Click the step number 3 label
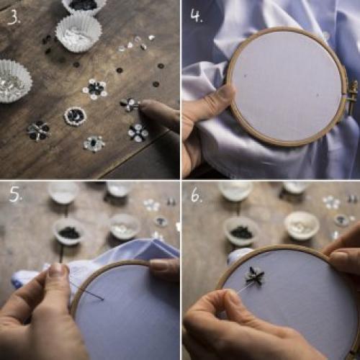(14, 17)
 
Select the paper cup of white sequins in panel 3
(78, 34)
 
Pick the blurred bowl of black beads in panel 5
(69, 231)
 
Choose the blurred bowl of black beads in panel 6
(242, 231)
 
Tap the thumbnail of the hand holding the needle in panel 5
(55, 268)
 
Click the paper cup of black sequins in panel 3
(84, 5)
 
